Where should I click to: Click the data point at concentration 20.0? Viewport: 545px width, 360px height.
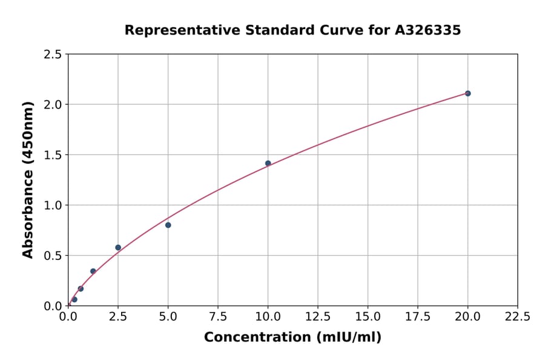point(467,93)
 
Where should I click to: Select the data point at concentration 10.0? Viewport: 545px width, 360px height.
point(268,163)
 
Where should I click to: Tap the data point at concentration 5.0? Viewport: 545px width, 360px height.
point(168,225)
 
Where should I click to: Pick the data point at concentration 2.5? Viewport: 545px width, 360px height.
point(118,247)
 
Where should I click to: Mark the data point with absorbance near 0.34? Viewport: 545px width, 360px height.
point(93,271)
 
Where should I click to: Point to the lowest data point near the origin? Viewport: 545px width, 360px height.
point(74,299)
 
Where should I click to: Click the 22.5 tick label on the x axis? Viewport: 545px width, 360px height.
point(517,316)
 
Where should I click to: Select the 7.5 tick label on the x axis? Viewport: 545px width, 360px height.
point(218,316)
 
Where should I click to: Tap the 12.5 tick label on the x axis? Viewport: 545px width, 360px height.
point(318,316)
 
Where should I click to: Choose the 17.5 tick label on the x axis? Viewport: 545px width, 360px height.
point(418,316)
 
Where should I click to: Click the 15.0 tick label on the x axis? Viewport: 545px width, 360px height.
point(368,316)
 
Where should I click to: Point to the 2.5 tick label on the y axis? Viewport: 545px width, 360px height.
point(53,55)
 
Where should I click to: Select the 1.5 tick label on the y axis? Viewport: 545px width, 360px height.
point(53,155)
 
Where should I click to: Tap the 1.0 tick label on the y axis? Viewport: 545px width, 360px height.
point(53,205)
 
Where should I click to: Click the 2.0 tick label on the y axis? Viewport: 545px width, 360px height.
point(53,105)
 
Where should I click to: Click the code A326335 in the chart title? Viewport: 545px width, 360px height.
point(427,30)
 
